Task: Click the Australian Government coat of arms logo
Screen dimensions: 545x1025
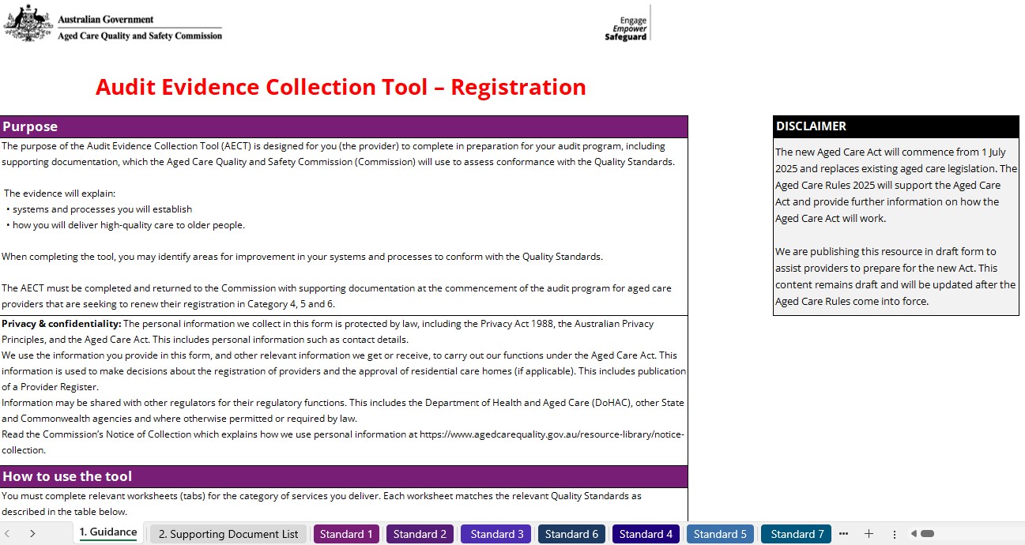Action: pos(28,23)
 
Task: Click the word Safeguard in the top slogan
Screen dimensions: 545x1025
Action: pos(625,37)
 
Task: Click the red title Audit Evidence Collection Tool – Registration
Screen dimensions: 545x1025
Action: pos(341,87)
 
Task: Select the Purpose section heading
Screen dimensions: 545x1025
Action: pos(30,126)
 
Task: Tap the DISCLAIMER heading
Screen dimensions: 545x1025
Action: pos(811,126)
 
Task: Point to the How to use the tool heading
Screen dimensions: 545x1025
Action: pos(67,476)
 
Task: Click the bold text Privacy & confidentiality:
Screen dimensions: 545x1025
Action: pos(62,324)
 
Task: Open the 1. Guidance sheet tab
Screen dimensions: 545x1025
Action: pos(108,533)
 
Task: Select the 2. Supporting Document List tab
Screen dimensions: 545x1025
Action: pos(228,534)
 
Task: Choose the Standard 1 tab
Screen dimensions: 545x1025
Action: pos(346,534)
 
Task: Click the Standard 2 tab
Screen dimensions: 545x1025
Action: pos(420,534)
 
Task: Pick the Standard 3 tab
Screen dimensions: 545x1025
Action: pos(496,534)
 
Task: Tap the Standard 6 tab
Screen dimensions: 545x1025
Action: pos(571,534)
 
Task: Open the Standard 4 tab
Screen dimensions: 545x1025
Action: pos(646,534)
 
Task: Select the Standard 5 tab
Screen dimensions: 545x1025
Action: pos(720,534)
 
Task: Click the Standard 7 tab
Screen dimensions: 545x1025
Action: pos(797,534)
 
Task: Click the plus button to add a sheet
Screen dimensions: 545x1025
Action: pos(869,534)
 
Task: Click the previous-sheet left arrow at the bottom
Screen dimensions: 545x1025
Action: pos(7,534)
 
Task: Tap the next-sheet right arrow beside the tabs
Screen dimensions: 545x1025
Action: pos(32,534)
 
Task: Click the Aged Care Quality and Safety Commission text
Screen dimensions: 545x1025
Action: pos(140,36)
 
